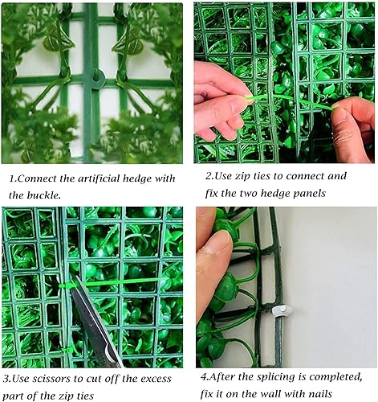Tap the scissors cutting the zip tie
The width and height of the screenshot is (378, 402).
click(x=95, y=322)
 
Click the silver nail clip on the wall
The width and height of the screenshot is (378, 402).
click(x=282, y=311)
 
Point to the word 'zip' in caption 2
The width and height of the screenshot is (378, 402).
click(x=243, y=177)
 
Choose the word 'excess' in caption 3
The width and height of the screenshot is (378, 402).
click(x=156, y=379)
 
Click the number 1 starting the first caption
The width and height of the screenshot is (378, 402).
click(x=12, y=178)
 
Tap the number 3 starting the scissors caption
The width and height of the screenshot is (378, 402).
click(x=6, y=379)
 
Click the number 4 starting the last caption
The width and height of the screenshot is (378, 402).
click(x=204, y=377)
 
